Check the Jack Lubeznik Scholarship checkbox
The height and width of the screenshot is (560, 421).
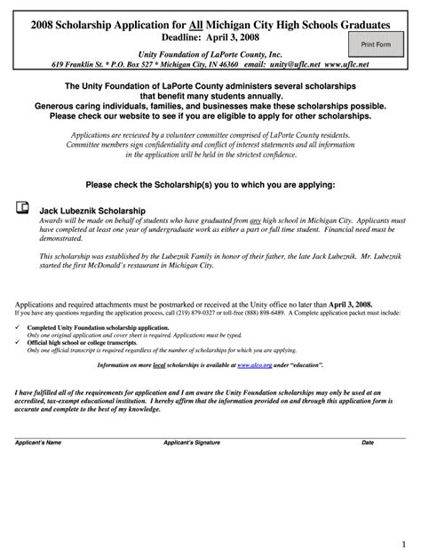pos(22,208)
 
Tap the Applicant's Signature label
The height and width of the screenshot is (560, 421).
pos(190,442)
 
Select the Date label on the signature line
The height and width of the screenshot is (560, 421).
pos(367,442)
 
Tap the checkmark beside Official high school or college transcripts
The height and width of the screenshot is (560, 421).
pos(19,342)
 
